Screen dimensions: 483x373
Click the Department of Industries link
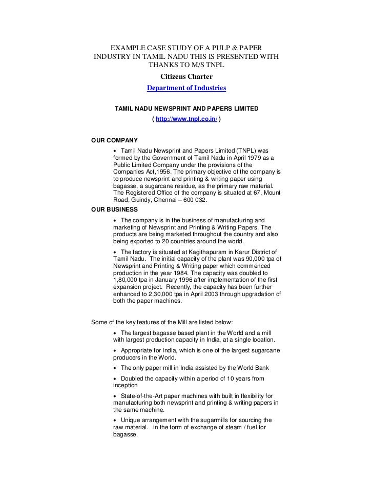(186, 88)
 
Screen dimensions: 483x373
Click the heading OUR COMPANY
(114, 139)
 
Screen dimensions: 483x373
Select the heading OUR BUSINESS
(114, 209)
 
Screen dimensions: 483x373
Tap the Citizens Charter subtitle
(186, 77)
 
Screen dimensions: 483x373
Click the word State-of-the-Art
(144, 396)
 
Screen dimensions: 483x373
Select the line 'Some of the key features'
(161, 322)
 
